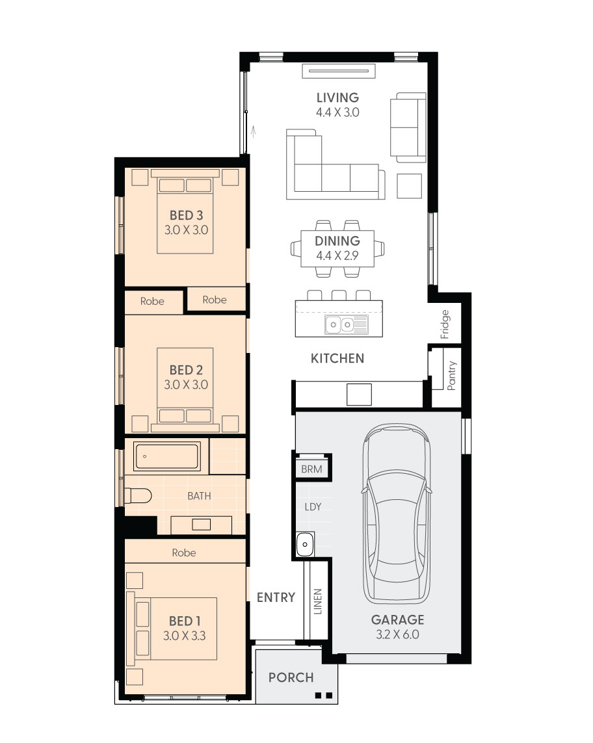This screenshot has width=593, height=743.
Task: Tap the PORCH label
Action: tap(291, 677)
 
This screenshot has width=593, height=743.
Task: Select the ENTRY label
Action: tap(276, 597)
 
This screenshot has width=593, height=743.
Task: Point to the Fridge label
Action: tap(445, 324)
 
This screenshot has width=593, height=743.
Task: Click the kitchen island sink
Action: tap(346, 324)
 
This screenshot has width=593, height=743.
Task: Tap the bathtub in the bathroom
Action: tap(166, 457)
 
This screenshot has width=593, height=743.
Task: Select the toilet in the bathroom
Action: tap(137, 495)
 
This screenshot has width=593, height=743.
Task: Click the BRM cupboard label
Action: tap(311, 469)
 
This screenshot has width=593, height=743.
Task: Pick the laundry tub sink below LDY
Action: tap(305, 544)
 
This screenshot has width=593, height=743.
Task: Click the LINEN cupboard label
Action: tap(317, 601)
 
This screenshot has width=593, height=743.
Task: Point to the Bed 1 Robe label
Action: tap(184, 553)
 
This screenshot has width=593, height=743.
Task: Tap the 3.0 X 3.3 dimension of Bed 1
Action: tap(185, 636)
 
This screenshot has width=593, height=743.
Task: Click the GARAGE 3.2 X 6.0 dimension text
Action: tap(397, 634)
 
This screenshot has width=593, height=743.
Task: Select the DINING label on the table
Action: tap(337, 241)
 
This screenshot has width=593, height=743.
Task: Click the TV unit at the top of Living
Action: tap(339, 71)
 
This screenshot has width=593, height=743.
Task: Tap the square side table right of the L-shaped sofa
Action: tap(409, 186)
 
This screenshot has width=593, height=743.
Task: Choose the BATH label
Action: tap(199, 496)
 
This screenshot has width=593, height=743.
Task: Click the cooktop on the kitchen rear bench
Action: tap(359, 394)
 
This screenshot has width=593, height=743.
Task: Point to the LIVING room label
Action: tap(337, 98)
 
